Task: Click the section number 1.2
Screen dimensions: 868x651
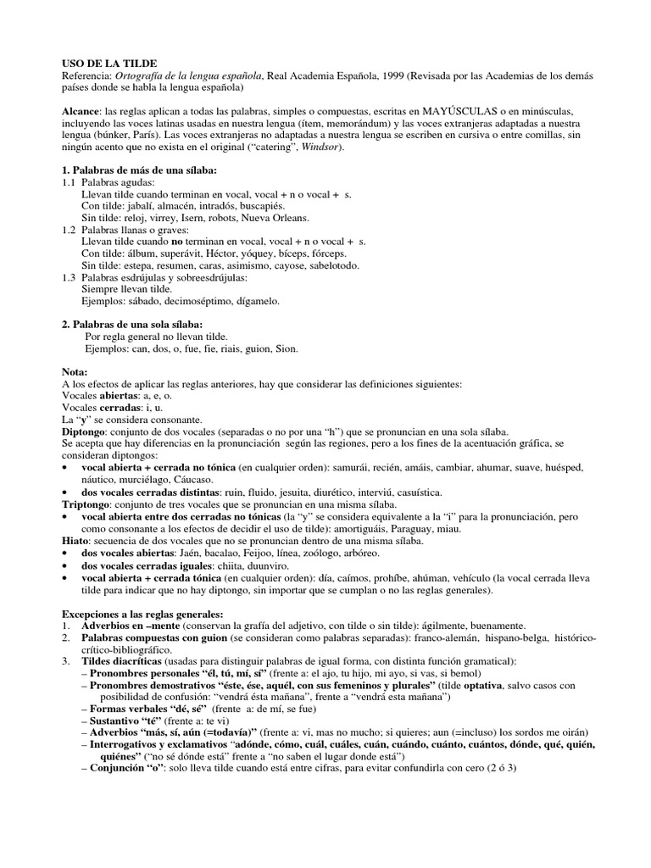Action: pyautogui.click(x=70, y=231)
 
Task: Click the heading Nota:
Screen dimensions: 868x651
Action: pyautogui.click(x=75, y=372)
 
